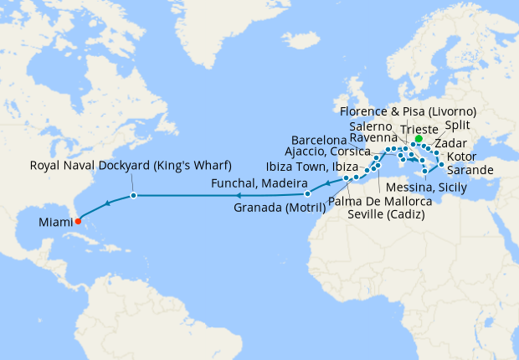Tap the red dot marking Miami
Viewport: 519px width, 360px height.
pyautogui.click(x=77, y=222)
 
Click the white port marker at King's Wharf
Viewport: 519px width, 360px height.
pyautogui.click(x=133, y=196)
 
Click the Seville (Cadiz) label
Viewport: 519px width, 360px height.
pyautogui.click(x=386, y=214)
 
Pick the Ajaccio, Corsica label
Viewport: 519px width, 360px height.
pyautogui.click(x=328, y=152)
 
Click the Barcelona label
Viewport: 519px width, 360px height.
pyautogui.click(x=319, y=138)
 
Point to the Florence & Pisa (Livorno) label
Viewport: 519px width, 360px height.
pyautogui.click(x=410, y=111)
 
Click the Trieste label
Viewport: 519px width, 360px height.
pyautogui.click(x=420, y=129)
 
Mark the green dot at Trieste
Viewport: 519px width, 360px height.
pyautogui.click(x=419, y=139)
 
